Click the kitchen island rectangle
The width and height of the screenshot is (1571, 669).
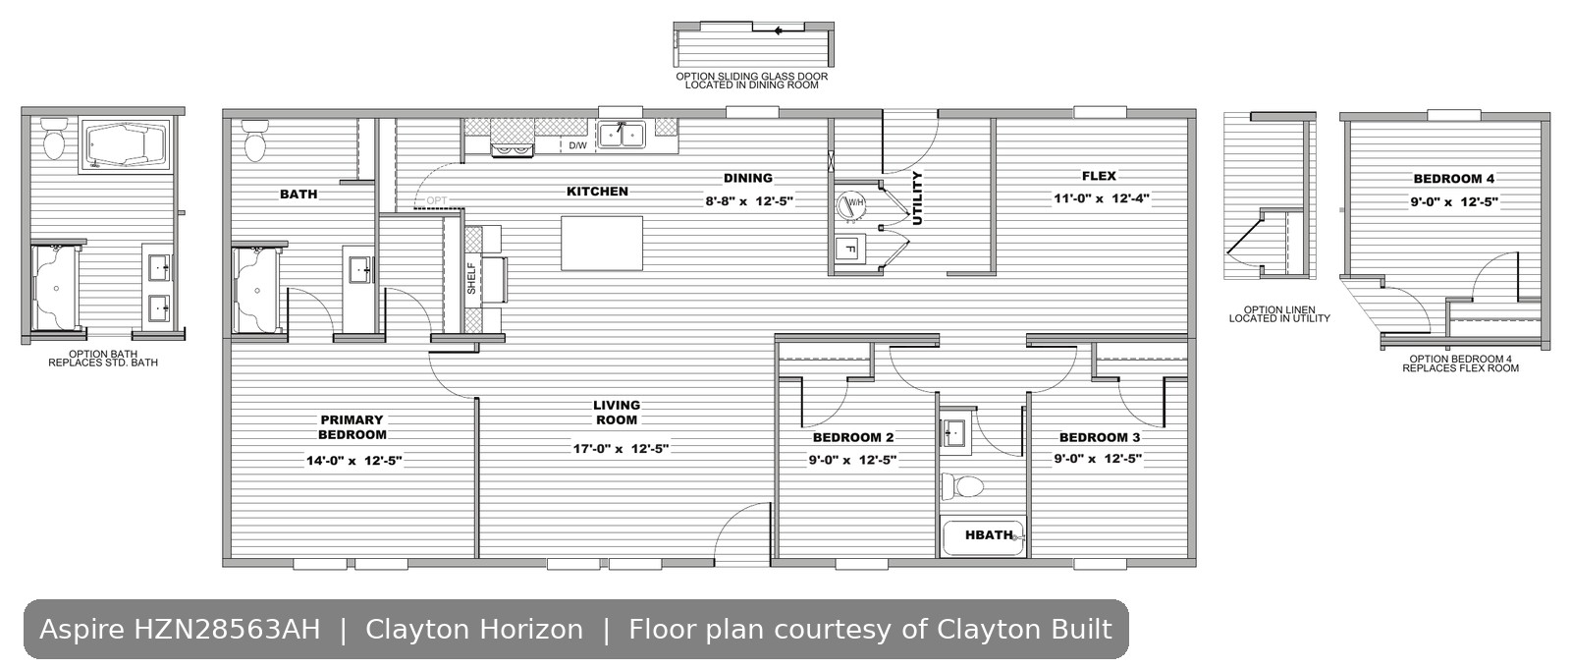[x=602, y=243]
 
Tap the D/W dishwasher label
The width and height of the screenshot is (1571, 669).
[x=577, y=146]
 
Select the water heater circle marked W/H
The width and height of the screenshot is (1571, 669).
[x=851, y=205]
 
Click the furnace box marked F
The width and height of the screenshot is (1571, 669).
[x=850, y=249]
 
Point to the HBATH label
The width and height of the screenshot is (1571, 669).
[x=989, y=535]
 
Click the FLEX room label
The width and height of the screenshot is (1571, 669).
[x=1099, y=176]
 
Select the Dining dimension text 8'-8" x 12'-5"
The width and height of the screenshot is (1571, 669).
[x=749, y=201]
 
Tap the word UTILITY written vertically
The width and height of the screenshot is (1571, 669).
[x=917, y=198]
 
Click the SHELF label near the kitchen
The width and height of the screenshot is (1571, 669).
[x=471, y=278]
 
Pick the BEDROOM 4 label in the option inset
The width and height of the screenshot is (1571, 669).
[x=1454, y=179]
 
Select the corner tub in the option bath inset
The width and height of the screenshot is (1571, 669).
[x=127, y=146]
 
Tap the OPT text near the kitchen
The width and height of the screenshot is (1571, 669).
[x=436, y=200]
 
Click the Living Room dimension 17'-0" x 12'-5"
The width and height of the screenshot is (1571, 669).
[x=621, y=449]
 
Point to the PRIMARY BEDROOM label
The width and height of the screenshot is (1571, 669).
[x=352, y=427]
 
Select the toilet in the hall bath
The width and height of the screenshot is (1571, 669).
[x=962, y=486]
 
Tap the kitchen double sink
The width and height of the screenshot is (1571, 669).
[x=622, y=134]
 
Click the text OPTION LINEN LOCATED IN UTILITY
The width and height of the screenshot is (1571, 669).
[x=1279, y=313]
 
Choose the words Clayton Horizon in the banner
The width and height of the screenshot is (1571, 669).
[x=474, y=629]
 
